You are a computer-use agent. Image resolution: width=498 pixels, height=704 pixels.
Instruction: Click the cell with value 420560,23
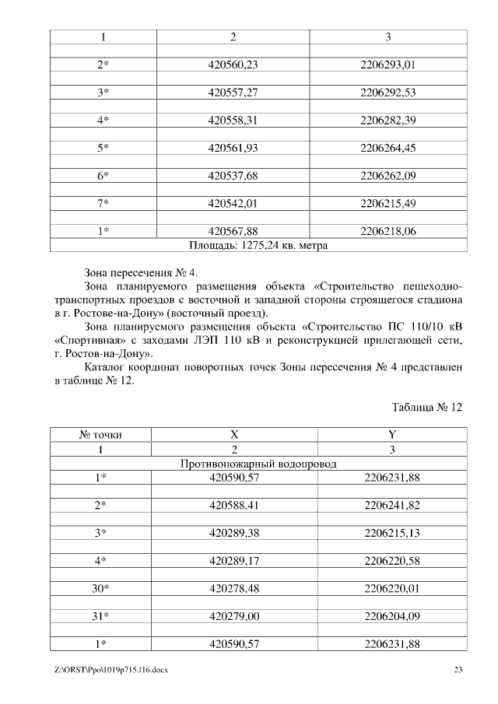(x=233, y=65)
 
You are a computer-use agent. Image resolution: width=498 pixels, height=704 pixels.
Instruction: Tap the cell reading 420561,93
(x=233, y=148)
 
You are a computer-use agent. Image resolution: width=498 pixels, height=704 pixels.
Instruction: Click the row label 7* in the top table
(x=103, y=203)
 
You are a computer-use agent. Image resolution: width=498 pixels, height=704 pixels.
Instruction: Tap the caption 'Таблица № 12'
(x=427, y=407)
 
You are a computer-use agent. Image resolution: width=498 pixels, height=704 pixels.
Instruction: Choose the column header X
(x=233, y=436)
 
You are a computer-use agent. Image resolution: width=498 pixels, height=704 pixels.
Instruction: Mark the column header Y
(x=391, y=436)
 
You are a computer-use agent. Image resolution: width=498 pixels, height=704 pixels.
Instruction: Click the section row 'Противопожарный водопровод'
(x=258, y=464)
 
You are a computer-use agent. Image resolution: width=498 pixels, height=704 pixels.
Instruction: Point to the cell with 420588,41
(x=233, y=505)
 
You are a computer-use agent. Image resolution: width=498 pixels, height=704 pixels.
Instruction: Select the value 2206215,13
(x=391, y=532)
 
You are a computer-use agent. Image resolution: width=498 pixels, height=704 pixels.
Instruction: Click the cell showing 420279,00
(x=233, y=615)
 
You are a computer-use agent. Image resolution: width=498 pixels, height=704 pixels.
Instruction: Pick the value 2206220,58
(x=391, y=560)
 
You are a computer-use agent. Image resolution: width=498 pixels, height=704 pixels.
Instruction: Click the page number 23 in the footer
(x=458, y=669)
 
